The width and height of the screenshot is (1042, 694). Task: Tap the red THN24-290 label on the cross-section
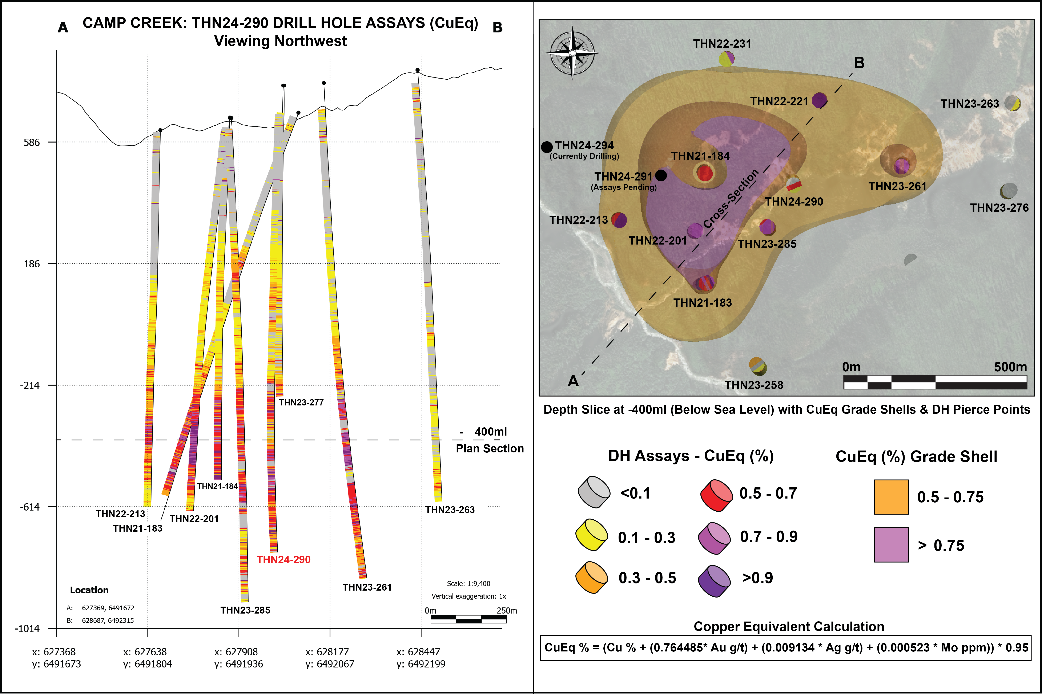[x=283, y=559]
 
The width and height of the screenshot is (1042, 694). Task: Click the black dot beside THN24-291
[x=661, y=176]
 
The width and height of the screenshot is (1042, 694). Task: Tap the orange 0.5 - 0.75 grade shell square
[x=891, y=497]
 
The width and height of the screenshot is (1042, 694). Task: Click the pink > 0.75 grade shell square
[x=891, y=545]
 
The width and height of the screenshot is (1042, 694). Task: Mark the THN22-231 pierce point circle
[x=727, y=58]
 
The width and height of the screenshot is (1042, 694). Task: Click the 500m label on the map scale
[x=1010, y=367]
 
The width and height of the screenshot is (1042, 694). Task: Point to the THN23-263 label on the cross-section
[x=450, y=509]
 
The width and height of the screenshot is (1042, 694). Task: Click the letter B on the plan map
[x=859, y=63]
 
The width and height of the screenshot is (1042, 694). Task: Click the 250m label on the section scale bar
[x=507, y=610]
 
